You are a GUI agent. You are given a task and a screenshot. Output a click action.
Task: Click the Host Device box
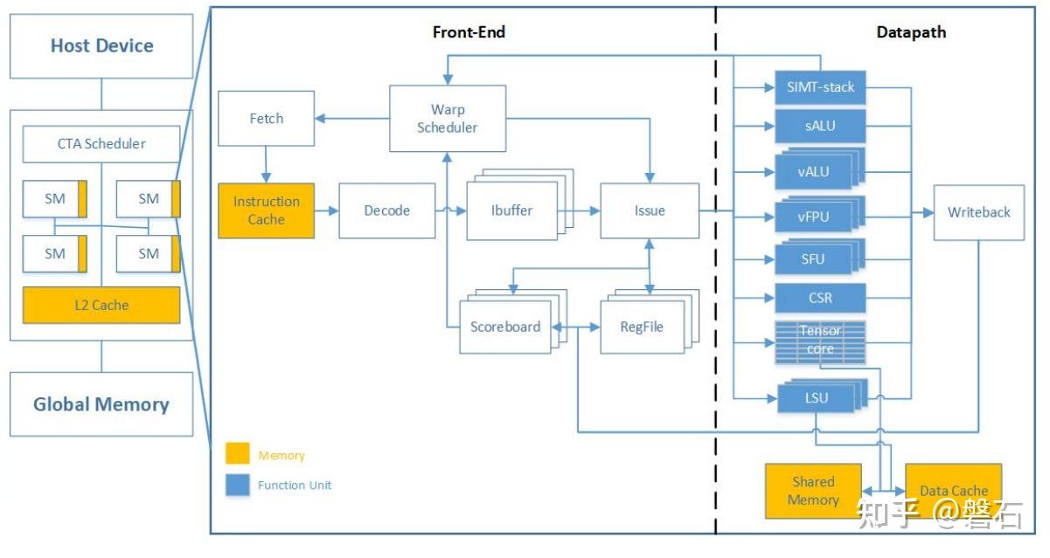101,46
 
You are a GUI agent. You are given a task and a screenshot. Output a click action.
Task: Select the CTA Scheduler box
101,144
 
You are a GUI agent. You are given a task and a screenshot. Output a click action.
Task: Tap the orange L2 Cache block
101,306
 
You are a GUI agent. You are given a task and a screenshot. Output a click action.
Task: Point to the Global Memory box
101,404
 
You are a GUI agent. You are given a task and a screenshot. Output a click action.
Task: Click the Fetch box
266,119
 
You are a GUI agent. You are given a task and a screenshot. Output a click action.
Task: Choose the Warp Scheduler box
447,119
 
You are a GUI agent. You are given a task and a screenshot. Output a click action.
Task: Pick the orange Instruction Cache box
266,210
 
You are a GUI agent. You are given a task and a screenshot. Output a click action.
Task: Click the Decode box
386,210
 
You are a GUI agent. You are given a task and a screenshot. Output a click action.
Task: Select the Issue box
649,210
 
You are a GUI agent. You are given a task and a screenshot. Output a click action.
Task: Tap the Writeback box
978,212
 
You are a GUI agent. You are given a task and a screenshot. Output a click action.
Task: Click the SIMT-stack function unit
820,87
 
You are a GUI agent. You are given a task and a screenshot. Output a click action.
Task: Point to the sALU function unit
820,126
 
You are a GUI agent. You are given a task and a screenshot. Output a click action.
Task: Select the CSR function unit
820,299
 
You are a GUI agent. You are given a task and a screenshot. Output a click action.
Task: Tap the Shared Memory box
813,491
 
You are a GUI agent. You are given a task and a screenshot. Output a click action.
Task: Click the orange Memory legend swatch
238,455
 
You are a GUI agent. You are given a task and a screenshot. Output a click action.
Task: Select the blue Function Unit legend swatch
238,485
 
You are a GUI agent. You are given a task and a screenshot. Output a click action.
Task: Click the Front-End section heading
469,32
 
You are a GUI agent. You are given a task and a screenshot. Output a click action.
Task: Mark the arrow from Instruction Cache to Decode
326,210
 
